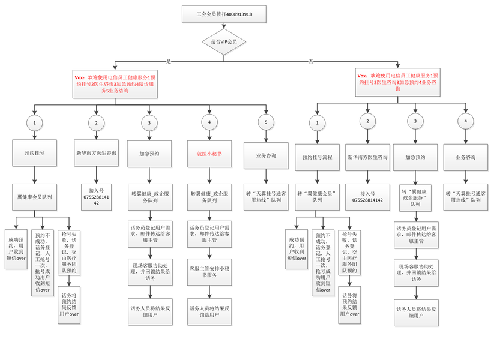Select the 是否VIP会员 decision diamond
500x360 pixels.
tap(224, 41)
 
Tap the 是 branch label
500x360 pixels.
tap(169, 61)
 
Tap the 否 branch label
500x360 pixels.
tap(310, 61)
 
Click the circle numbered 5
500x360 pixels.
tap(265, 123)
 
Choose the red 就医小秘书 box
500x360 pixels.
tap(209, 154)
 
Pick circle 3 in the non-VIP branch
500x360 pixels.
tap(415, 122)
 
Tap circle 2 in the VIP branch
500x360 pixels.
tap(96, 123)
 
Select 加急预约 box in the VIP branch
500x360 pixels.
tap(149, 154)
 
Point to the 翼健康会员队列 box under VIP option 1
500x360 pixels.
tap(34, 196)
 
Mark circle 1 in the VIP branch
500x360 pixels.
tap(35, 123)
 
